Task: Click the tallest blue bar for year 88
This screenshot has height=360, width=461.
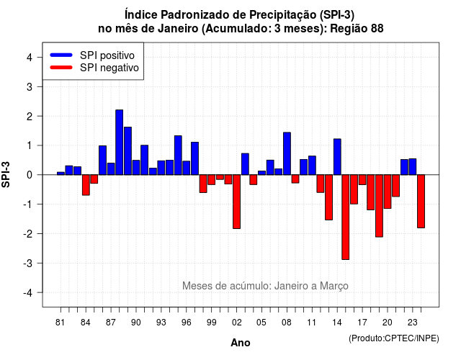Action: click(119, 143)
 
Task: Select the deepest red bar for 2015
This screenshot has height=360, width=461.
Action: click(346, 217)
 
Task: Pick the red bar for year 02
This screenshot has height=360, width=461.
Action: click(237, 202)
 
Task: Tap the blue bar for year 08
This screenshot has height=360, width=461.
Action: click(287, 153)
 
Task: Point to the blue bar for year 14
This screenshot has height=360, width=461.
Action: click(337, 157)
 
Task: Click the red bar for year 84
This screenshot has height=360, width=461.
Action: click(86, 185)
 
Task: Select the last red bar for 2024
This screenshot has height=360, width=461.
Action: click(421, 202)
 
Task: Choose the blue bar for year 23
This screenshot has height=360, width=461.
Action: click(413, 166)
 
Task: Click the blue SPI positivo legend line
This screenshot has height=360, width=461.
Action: click(61, 55)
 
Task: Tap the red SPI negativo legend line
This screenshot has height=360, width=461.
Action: click(61, 68)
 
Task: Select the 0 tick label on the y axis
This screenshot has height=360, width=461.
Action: click(30, 175)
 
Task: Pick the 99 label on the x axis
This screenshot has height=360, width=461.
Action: click(211, 323)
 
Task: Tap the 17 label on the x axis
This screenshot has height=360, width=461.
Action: click(362, 323)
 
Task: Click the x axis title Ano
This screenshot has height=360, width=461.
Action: click(241, 343)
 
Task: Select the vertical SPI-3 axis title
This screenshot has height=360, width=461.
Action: click(6, 174)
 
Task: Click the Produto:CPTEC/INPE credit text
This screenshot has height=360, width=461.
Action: click(394, 338)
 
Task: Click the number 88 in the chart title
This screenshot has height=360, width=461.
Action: click(377, 29)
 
